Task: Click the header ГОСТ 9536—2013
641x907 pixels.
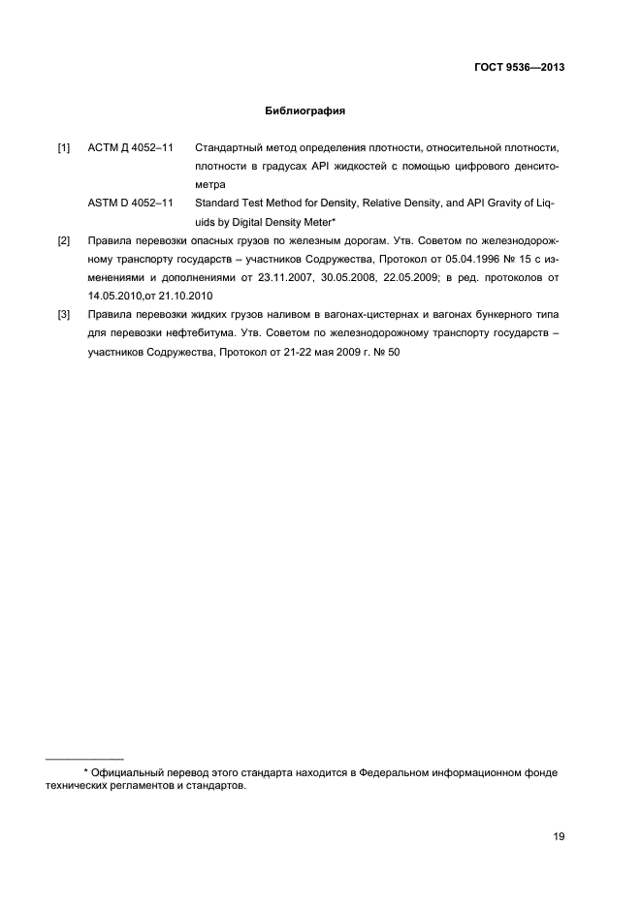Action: point(519,68)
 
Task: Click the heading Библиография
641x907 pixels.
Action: point(305,110)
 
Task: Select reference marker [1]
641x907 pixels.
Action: point(64,147)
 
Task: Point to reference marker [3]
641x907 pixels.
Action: point(64,314)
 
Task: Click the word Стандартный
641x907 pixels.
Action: point(232,147)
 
